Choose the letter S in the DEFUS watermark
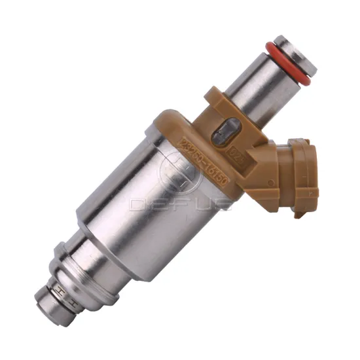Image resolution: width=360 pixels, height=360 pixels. (x=223, y=204)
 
